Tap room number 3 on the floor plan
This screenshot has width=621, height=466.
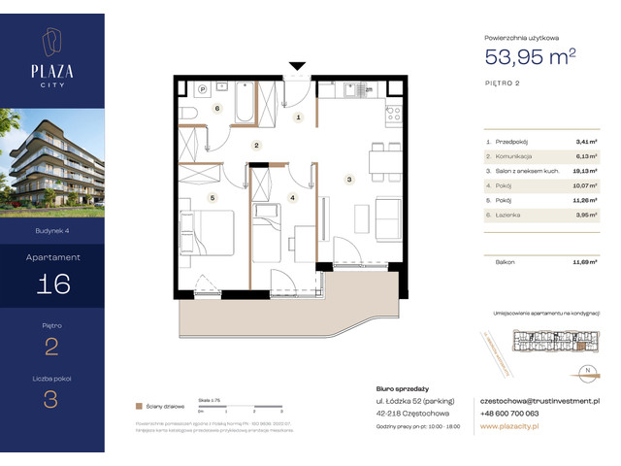pyautogui.click(x=348, y=178)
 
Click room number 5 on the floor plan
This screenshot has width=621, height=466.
pyautogui.click(x=211, y=197)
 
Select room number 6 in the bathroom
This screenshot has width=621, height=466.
pyautogui.click(x=217, y=109)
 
